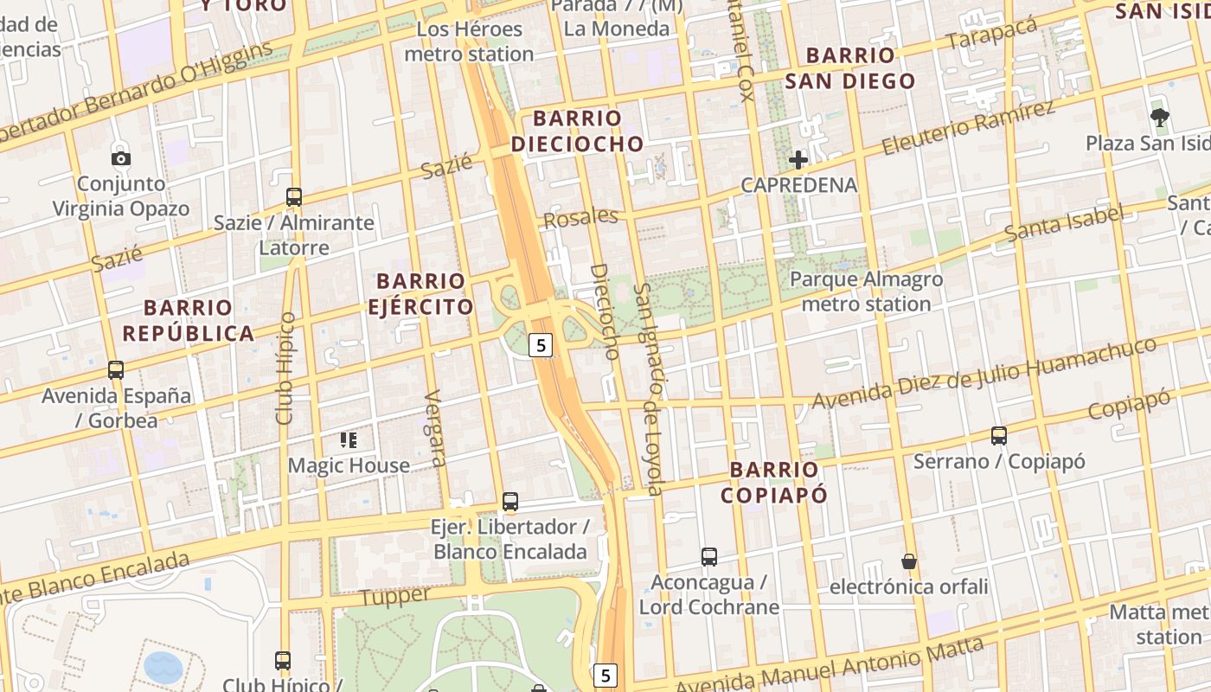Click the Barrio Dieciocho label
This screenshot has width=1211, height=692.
(577, 131)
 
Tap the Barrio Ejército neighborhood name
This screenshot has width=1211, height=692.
(420, 294)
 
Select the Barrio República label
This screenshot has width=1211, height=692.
(189, 320)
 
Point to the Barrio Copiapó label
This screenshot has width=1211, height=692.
(774, 482)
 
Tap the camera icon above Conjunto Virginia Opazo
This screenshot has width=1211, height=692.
(121, 158)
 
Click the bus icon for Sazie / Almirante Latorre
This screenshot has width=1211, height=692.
(294, 196)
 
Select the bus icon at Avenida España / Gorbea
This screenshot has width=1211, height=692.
(116, 370)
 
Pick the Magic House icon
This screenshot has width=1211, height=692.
(349, 440)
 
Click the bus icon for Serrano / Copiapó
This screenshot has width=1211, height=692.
(999, 435)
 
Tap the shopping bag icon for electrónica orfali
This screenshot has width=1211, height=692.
(909, 561)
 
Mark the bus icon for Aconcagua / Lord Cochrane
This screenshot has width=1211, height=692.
(709, 556)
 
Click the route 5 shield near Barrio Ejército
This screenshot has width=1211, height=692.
(541, 345)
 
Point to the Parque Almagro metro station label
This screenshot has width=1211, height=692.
(866, 292)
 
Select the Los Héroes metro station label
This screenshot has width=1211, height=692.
(469, 41)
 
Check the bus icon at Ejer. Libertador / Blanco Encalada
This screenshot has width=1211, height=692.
(510, 502)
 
